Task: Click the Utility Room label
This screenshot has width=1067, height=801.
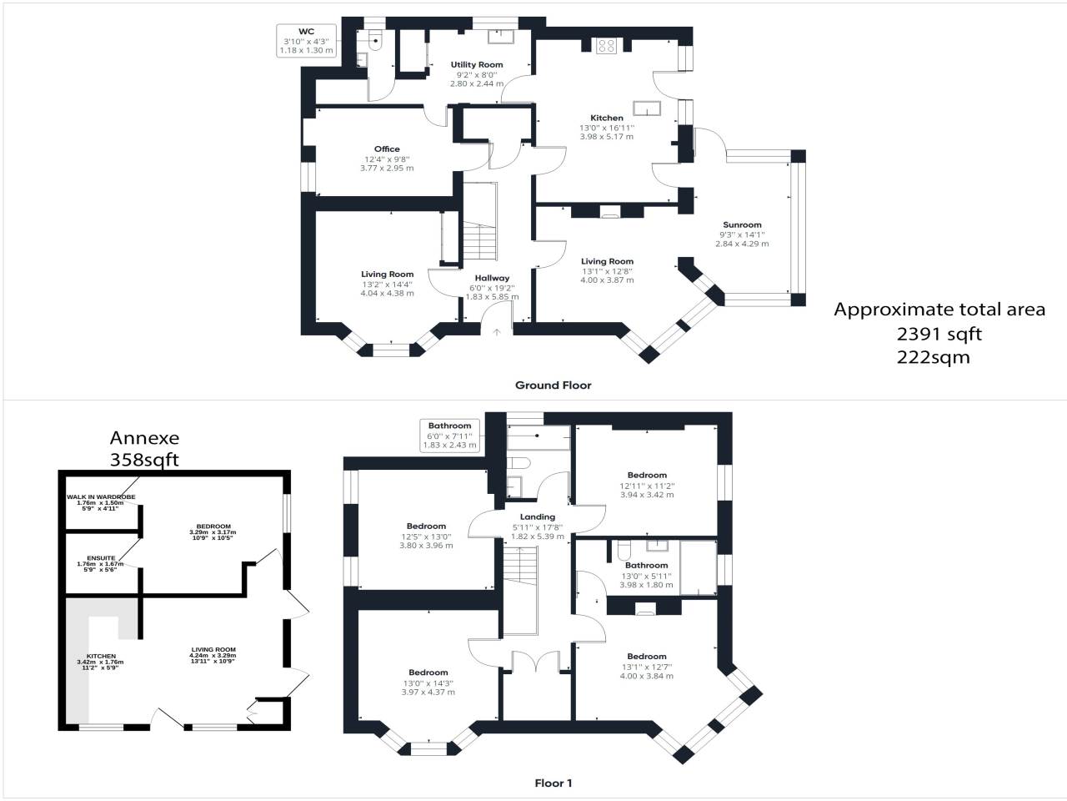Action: (476, 65)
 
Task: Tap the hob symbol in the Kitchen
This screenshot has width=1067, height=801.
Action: (606, 46)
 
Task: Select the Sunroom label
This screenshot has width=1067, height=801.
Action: (742, 224)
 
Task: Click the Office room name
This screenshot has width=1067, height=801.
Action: (387, 149)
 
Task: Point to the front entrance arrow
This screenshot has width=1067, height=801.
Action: (496, 333)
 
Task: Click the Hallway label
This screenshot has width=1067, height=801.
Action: (492, 278)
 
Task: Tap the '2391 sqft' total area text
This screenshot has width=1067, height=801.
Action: (939, 334)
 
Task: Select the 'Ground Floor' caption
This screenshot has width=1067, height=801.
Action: (554, 385)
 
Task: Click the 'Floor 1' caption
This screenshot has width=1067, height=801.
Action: (554, 783)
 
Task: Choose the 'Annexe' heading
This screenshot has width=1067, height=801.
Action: (144, 438)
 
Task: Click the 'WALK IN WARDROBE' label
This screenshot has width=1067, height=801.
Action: (101, 496)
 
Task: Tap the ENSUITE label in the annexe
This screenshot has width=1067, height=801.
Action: (101, 558)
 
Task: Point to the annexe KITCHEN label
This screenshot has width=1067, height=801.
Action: (101, 656)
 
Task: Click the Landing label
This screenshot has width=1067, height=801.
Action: (537, 517)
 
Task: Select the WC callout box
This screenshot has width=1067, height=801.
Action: (306, 41)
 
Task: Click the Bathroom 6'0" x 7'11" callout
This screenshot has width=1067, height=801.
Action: (449, 436)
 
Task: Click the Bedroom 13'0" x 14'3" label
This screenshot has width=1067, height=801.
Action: (428, 673)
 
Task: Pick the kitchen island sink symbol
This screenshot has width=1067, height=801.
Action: (647, 108)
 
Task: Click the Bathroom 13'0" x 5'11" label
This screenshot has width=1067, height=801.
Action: (647, 565)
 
